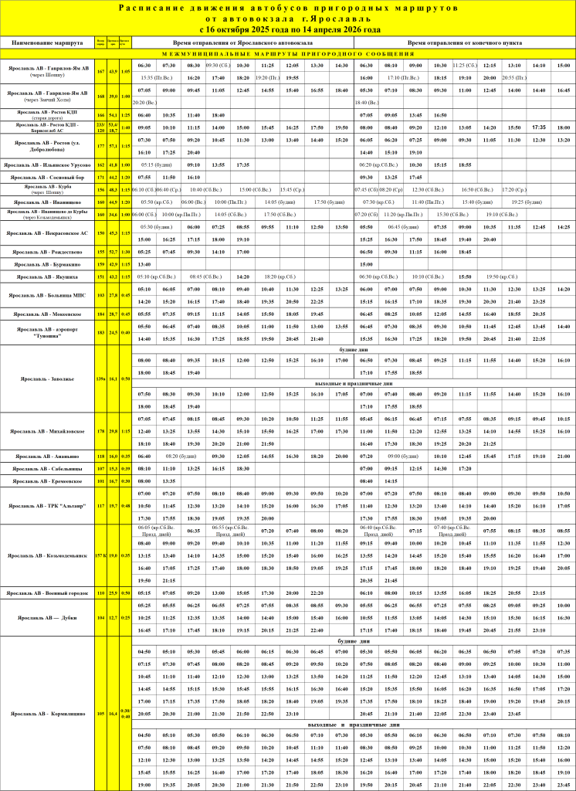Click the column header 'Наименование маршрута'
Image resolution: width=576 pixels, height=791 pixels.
[46, 42]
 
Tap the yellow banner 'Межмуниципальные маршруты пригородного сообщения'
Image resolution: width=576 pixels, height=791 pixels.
[288, 54]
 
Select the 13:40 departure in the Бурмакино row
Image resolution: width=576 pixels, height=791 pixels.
[144, 264]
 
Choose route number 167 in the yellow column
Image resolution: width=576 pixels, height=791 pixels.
[100, 71]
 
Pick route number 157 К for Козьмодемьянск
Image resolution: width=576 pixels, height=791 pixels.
[100, 555]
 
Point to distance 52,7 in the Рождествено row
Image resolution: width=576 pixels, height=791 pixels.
[113, 252]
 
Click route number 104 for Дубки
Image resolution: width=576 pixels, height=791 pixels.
[100, 618]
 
